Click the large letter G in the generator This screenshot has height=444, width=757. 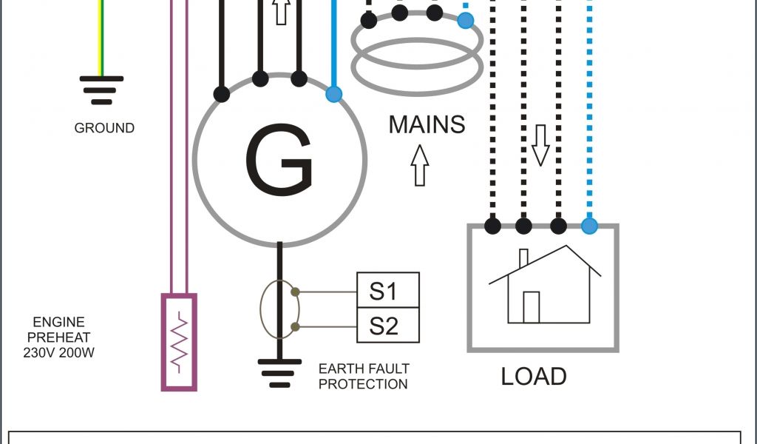279,160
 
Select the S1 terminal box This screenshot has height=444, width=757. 388,290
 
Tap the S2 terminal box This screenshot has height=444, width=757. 388,326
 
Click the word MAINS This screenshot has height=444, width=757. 427,124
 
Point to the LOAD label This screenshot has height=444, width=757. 533,376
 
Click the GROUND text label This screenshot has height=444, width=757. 104,128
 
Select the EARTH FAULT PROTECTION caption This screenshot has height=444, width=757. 363,376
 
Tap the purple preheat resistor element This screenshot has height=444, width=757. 179,342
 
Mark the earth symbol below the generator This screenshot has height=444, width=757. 279,372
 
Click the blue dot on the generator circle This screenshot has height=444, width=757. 334,94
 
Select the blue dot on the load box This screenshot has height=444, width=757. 589,226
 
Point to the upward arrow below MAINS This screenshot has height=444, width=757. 419,165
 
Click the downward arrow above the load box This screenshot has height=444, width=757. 540,145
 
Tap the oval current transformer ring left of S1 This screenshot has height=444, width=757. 278,309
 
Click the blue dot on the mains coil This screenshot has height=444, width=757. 465,20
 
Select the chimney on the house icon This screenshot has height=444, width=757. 523,258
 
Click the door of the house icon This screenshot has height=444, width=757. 531,307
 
